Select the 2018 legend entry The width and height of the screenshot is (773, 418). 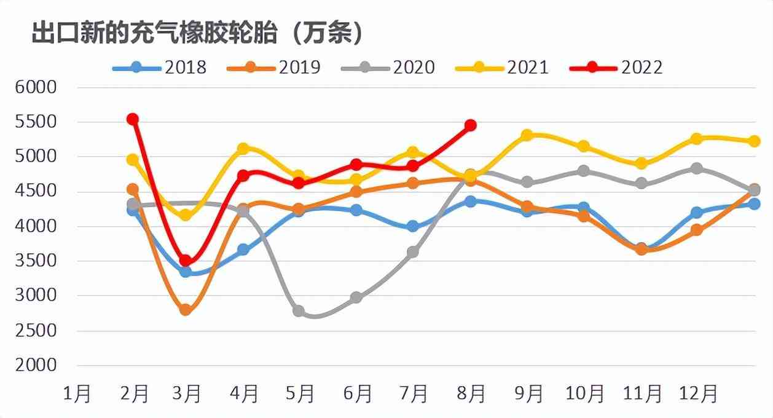pos(160,66)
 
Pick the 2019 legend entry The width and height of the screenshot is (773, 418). pos(274,66)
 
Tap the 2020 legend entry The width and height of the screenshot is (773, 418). pos(388,66)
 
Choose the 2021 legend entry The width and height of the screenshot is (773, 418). pos(502,66)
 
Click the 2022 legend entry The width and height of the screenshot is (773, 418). pos(616,66)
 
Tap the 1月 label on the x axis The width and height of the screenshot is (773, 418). pos(77,393)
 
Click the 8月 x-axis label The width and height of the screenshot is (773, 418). pos(471,393)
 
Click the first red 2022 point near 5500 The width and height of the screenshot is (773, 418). pos(132,119)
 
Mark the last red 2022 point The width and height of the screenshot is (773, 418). pos(470,125)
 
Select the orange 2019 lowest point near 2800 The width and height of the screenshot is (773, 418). pos(186,310)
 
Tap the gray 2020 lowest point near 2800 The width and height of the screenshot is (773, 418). pos(299,311)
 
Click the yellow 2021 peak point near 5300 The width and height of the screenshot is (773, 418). pos(527,135)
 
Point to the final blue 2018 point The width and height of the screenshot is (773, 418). pos(754,203)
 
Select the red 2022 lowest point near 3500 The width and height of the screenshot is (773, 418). pos(186,261)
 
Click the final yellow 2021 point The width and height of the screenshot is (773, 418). pos(754,141)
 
